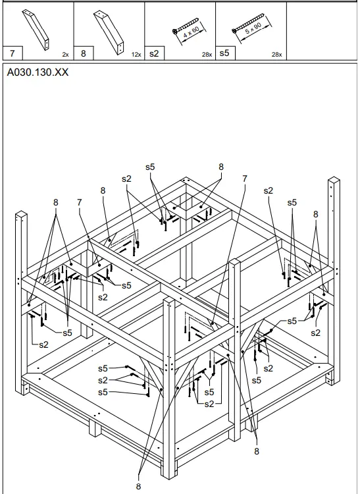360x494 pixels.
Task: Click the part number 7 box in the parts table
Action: click(13, 53)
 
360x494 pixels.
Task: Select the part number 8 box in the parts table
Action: click(84, 53)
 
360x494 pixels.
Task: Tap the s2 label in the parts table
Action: click(154, 53)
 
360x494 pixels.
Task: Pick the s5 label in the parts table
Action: click(224, 53)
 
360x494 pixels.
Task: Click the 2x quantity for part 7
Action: click(65, 55)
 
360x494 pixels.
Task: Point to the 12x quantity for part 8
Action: click(136, 55)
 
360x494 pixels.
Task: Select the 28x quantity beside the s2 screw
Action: click(207, 55)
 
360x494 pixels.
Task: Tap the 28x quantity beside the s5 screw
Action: click(276, 55)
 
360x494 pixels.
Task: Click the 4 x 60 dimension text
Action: click(192, 32)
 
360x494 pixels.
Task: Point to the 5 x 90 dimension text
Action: click(253, 29)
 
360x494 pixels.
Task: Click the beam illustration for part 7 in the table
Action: click(36, 30)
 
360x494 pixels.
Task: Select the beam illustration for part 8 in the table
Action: click(109, 32)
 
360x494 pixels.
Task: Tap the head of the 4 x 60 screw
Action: click(175, 31)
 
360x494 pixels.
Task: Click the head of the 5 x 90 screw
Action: click(234, 31)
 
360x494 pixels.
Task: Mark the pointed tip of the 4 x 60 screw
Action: click(198, 18)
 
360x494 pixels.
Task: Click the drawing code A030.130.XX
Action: click(38, 72)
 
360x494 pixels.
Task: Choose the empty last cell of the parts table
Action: click(322, 31)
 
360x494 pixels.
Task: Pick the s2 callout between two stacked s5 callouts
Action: click(103, 380)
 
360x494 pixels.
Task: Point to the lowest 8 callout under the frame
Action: click(138, 486)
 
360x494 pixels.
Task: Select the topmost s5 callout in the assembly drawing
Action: click(150, 167)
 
